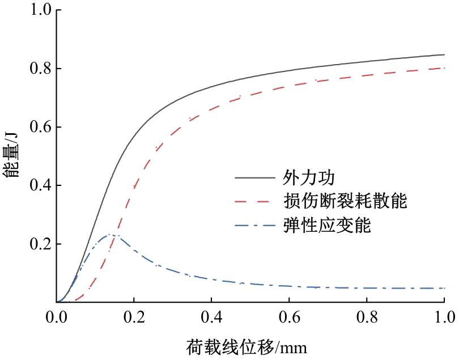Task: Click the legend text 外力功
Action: (309, 178)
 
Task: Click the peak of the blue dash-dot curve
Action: (110, 235)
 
